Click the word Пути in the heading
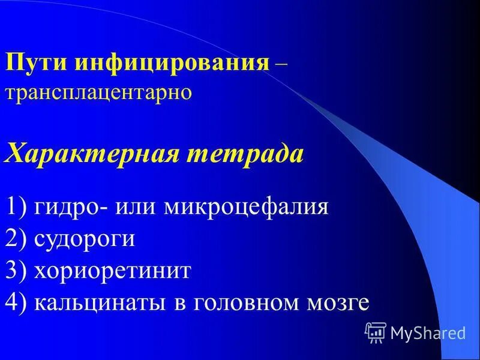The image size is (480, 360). point(37,62)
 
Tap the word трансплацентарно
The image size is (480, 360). point(98,92)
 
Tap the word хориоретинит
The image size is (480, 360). point(112,271)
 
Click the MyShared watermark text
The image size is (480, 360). point(428,332)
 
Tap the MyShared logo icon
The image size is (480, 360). point(376,332)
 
